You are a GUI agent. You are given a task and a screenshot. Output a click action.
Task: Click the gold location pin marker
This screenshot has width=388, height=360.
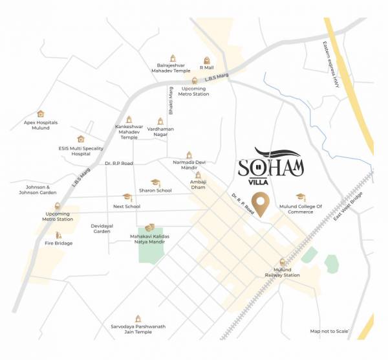coord(261,203)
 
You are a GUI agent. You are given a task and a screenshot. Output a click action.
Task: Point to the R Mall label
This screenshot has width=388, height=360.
coord(206,67)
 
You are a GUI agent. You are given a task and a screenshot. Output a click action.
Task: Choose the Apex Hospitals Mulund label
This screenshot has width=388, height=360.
coord(41,125)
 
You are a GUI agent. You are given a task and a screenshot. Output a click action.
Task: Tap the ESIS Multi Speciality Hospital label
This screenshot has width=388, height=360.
coord(81,151)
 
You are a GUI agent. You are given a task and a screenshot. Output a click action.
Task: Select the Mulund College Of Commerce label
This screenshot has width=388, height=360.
coord(300,208)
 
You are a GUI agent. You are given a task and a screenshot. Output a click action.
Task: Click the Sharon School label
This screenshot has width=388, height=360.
coord(155,190)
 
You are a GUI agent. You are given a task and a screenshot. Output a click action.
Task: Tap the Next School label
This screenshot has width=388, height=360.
coord(127,206)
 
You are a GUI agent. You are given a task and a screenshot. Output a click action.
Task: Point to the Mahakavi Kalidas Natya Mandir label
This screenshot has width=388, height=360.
coord(149,240)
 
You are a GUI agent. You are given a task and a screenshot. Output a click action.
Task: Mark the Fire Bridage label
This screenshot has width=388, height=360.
coord(59,243)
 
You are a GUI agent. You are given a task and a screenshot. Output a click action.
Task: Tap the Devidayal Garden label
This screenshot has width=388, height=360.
coord(102,228)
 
